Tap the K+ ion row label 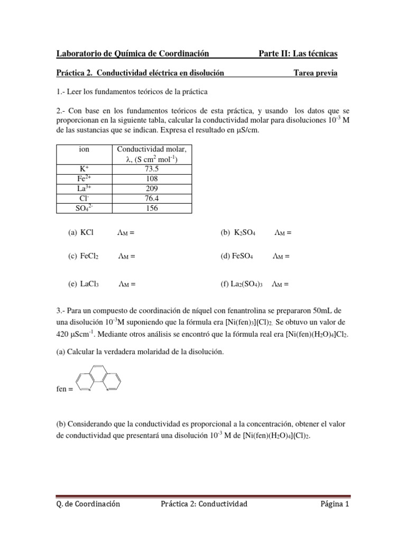tap(84, 169)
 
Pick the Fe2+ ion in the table tap(84, 178)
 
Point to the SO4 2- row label tap(84, 207)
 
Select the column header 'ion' tap(84, 150)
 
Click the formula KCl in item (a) tap(87, 232)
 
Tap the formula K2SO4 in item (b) tap(244, 232)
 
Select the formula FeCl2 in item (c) tap(90, 256)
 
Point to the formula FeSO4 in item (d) tap(243, 256)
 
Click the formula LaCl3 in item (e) tap(90, 284)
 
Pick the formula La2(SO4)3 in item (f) tap(247, 284)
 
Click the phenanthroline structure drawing tap(99, 378)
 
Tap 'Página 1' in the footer tap(335, 504)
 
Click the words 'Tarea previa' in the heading tap(315, 73)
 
